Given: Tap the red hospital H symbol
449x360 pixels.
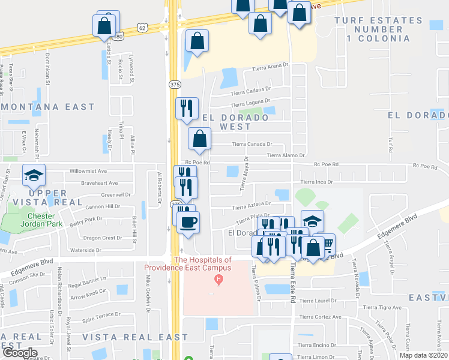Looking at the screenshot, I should tap(219, 280).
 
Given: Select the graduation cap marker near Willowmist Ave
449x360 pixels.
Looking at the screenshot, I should tap(34, 176).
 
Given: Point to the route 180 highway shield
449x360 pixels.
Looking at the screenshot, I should tap(119, 37).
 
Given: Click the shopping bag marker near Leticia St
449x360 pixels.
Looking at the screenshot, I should tap(104, 26).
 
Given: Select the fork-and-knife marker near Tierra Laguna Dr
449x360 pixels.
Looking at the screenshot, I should tap(187, 109).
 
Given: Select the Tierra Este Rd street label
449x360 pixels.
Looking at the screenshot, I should tap(292, 282).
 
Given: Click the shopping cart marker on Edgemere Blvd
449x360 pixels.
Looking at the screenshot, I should tap(326, 245).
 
